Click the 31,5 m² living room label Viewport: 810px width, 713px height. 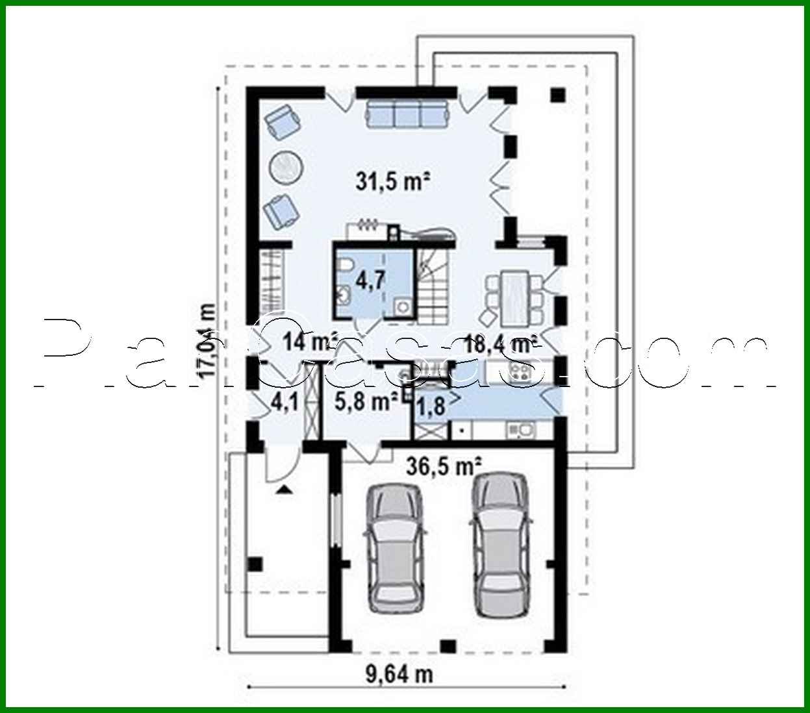click(394, 181)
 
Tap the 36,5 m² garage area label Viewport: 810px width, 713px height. click(444, 466)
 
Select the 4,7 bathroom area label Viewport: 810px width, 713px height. click(371, 281)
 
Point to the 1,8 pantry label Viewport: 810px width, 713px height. click(430, 407)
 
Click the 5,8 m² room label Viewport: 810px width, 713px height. click(366, 402)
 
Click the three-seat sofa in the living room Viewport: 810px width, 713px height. click(407, 114)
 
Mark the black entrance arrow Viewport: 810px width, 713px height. click(282, 488)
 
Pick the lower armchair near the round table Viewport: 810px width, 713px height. click(281, 210)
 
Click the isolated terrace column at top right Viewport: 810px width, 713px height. click(557, 95)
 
